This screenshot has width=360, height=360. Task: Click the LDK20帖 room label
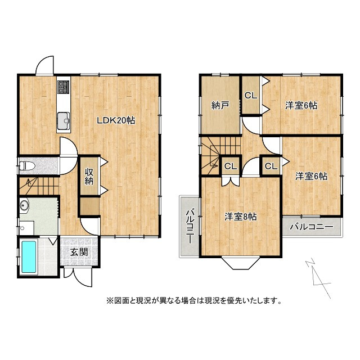point(115,120)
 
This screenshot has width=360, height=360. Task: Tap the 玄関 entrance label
point(79,253)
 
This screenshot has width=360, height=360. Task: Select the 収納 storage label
point(89,177)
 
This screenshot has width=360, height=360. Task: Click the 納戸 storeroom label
point(219,105)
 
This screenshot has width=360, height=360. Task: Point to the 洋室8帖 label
point(241,216)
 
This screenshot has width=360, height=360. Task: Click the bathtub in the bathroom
point(29,257)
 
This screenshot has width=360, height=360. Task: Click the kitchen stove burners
point(63,88)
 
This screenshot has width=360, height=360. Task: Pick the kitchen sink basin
point(63,119)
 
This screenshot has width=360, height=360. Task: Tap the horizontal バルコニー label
point(312,227)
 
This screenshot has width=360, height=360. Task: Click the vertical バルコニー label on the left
point(189,226)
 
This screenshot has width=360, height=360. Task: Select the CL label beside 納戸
point(251,95)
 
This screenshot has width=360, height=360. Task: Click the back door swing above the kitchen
point(44,66)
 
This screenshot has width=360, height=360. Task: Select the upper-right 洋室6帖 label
point(301,105)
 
